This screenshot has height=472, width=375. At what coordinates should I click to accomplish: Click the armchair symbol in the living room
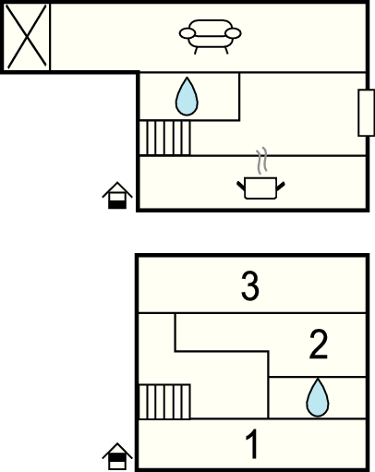click(211, 37)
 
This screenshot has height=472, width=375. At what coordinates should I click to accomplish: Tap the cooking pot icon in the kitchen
click(260, 188)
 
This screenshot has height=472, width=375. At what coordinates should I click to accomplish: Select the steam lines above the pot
click(261, 161)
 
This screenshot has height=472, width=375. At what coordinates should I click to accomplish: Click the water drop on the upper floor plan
click(187, 97)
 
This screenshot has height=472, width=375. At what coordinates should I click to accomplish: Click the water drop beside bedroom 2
click(318, 397)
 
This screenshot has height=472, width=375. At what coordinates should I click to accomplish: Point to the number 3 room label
click(250, 286)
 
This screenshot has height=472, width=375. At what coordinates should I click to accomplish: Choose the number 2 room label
click(318, 345)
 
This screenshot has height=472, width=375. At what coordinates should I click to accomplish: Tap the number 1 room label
click(252, 444)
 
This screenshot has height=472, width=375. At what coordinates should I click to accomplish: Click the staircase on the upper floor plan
click(164, 138)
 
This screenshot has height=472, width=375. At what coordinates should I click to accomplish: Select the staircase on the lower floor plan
click(164, 402)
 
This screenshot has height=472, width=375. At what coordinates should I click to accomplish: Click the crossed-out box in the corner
click(27, 37)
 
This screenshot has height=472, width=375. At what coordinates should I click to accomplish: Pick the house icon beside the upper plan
click(117, 195)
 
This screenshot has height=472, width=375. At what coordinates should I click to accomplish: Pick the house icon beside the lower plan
click(117, 456)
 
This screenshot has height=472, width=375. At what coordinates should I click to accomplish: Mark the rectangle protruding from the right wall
click(367, 113)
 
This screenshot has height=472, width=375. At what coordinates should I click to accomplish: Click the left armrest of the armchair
click(187, 33)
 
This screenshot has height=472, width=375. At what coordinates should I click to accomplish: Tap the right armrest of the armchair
click(234, 33)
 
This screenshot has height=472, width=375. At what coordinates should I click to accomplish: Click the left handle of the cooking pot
click(241, 186)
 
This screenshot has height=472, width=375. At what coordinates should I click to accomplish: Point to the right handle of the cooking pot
click(281, 186)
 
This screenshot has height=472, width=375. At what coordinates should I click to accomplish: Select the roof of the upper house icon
click(117, 188)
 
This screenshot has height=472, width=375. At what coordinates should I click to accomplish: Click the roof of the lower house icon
click(117, 450)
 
